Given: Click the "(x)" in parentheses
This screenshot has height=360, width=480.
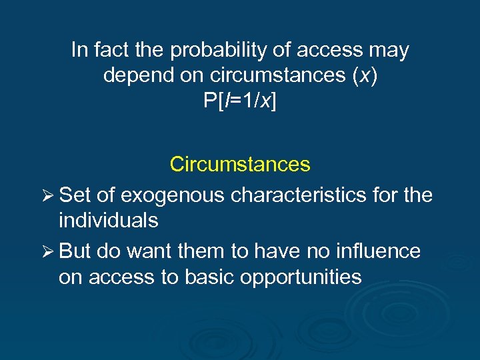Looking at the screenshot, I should tap(364, 76).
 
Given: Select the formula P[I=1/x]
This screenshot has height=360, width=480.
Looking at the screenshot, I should tap(240, 102).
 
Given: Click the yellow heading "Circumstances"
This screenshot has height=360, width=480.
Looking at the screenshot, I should tap(240, 164).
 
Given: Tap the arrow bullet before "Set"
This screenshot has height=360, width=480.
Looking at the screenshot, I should tap(47, 195).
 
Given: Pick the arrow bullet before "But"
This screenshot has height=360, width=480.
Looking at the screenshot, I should tap(47, 251).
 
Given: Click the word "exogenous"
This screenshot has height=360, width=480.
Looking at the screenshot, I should tap(173, 195).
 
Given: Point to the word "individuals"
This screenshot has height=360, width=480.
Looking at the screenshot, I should tap(108, 220).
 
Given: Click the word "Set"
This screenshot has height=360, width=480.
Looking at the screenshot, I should tap(74, 195).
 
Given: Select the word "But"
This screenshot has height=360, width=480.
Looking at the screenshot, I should tap(75, 251).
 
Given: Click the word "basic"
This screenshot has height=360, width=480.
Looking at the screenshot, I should tap(230, 276).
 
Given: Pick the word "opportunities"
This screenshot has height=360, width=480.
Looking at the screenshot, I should tap(311, 276).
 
